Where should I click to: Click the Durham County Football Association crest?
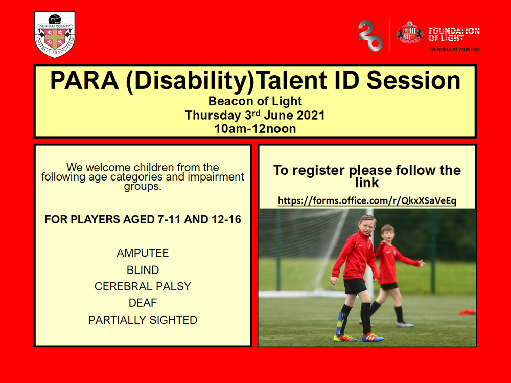tap(55, 35)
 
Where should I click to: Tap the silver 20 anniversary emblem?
tap(371, 36)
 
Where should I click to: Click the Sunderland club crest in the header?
tap(409, 33)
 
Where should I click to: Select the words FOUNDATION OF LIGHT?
tap(454, 35)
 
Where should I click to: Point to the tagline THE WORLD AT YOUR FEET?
tap(454, 50)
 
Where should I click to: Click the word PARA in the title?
tap(84, 80)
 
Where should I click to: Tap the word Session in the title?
tap(413, 80)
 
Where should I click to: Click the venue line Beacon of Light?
tap(255, 101)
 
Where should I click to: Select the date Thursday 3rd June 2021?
tap(255, 115)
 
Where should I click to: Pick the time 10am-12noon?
tap(255, 129)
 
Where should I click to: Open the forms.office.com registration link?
tap(367, 200)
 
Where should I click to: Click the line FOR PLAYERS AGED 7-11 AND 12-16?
tap(143, 219)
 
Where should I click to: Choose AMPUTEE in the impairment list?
tap(143, 253)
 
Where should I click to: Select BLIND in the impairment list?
tap(143, 270)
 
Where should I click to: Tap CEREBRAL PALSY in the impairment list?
tap(143, 286)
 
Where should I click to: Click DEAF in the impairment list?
tap(143, 303)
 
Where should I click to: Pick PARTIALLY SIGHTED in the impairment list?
tap(143, 320)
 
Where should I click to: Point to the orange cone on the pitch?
tap(468, 312)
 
